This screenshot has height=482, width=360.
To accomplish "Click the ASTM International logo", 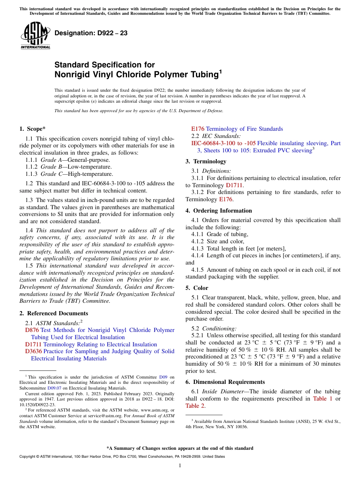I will coord(35,36).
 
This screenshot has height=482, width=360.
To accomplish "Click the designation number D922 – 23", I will coord(91,33).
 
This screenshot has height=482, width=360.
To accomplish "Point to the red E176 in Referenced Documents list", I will coord(198,129).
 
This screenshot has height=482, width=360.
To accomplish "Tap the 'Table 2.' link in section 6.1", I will coord(196,406).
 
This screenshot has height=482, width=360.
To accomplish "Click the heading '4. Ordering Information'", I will coord(219,211).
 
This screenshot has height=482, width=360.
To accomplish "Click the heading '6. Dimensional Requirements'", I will coord(225,382).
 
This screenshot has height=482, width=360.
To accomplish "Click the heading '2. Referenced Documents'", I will coord(54,313).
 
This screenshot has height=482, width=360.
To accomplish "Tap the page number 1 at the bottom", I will coord(180,465).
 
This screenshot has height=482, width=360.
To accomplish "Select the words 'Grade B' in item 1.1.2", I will coord(49,167).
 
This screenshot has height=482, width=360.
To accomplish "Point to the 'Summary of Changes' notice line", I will coord(180,448).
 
